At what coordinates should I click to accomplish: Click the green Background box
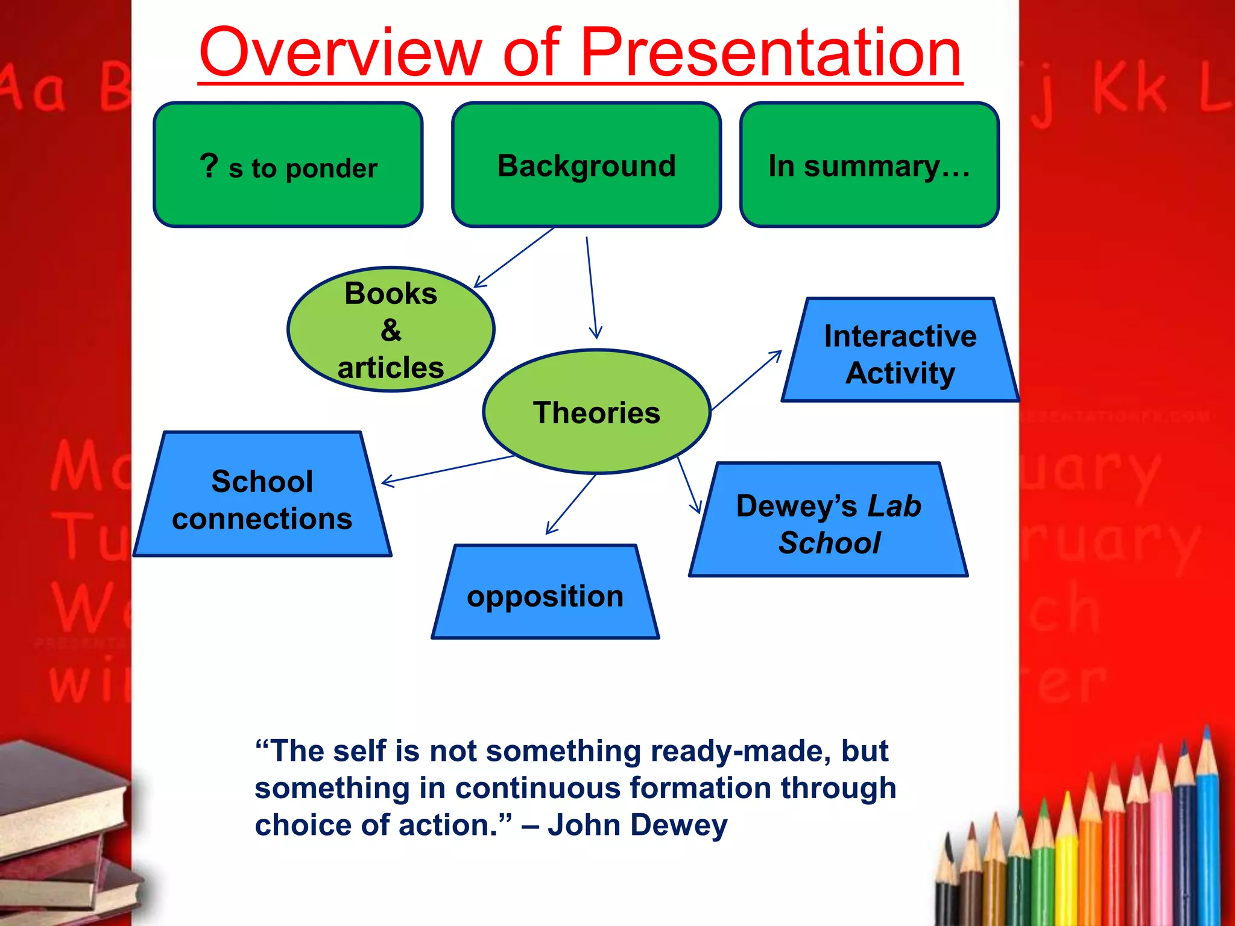click(x=586, y=165)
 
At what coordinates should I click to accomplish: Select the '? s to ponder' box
click(x=288, y=165)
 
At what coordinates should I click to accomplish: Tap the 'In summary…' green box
click(x=869, y=165)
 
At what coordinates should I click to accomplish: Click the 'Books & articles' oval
click(x=391, y=330)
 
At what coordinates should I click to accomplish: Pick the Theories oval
click(x=596, y=412)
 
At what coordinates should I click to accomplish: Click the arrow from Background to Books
click(x=514, y=257)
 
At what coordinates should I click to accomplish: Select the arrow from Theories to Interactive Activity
click(x=747, y=381)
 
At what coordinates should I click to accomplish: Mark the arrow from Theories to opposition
click(x=570, y=504)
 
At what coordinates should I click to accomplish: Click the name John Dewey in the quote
click(x=637, y=825)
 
